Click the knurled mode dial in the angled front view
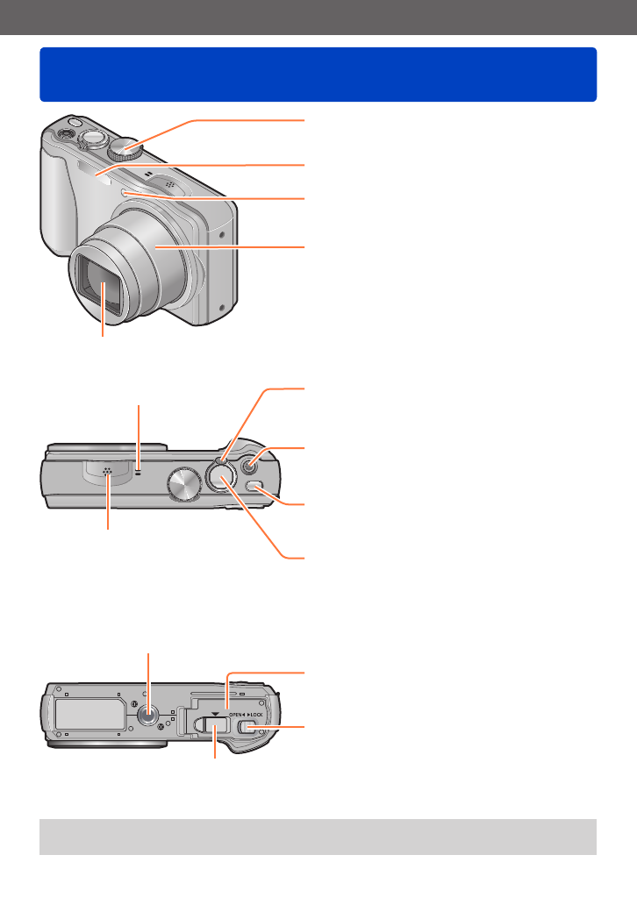tap(127, 149)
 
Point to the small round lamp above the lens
tap(125, 193)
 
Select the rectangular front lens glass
tap(102, 284)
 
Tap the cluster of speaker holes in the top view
tap(107, 472)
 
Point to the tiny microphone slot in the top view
tap(138, 471)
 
